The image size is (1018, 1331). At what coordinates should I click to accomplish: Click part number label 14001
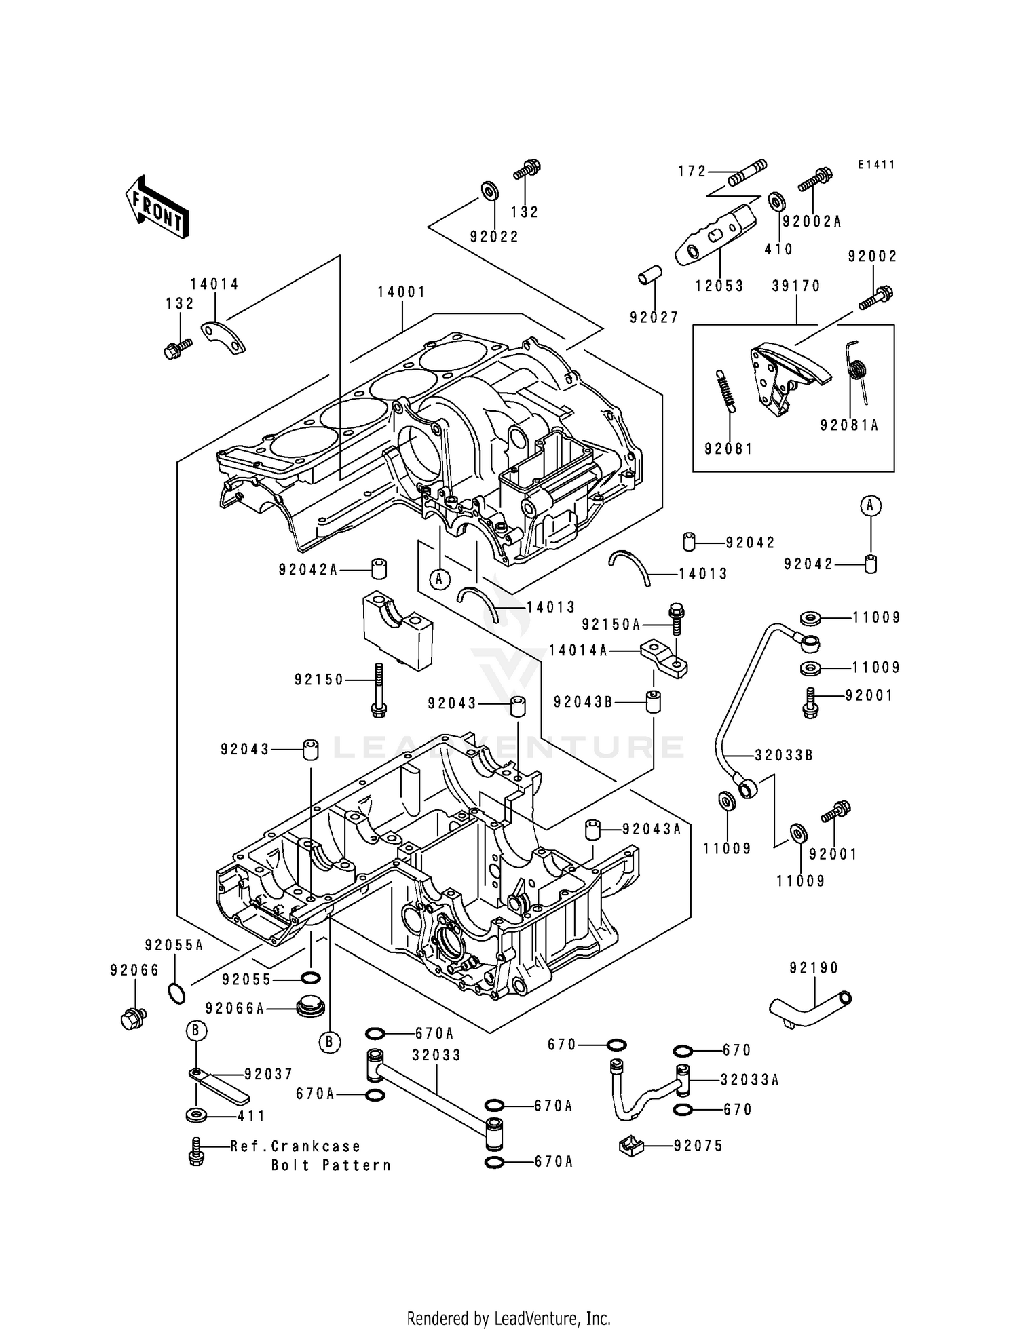(402, 292)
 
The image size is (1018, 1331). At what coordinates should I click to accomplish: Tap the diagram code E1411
(876, 165)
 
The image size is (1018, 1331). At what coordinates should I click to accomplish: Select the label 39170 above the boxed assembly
(796, 286)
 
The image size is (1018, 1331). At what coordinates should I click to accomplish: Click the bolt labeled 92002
(875, 298)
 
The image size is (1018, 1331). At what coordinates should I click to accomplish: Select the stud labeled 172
(747, 173)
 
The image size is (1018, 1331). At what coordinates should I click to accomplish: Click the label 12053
(719, 286)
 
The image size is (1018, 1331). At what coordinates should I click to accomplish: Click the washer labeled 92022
(488, 191)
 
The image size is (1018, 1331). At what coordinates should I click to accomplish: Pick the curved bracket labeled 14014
(223, 337)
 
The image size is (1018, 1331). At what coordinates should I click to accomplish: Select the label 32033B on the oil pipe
(784, 755)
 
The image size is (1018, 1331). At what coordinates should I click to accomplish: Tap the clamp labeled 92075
(630, 1146)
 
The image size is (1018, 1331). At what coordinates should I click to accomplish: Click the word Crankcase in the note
(316, 1146)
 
